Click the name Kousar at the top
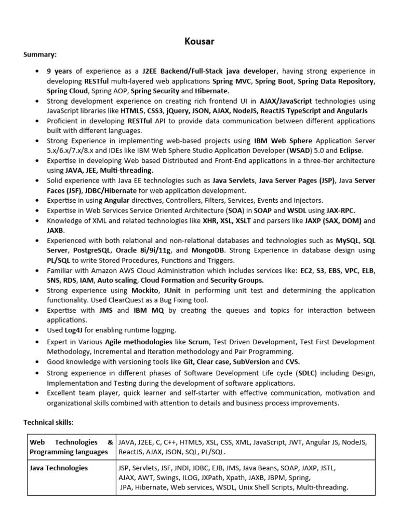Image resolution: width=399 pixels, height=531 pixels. click(x=199, y=40)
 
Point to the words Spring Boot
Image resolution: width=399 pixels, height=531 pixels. click(x=274, y=81)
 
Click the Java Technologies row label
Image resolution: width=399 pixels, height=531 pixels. click(x=59, y=468)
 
